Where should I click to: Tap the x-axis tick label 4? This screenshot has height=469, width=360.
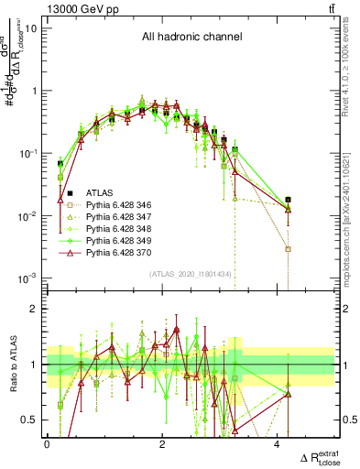[x=278, y=443]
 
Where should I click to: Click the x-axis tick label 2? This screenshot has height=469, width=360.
[x=162, y=443]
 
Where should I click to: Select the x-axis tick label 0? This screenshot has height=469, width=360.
[x=48, y=443]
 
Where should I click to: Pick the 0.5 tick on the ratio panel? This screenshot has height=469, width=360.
[x=30, y=420]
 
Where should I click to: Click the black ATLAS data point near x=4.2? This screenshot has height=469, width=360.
[x=289, y=200]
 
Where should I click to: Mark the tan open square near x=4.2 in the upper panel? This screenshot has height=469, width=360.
[x=289, y=249]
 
